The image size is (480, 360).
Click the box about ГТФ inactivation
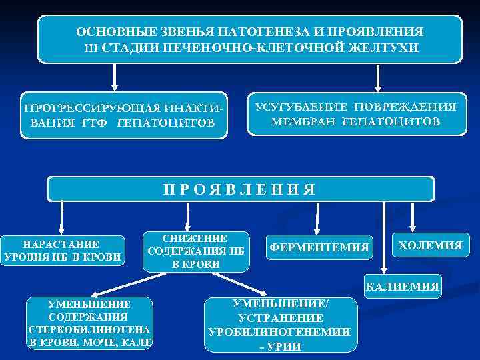[x=123, y=115]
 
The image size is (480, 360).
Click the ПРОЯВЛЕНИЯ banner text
[x=239, y=189]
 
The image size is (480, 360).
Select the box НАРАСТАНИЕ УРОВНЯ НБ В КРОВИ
[x=62, y=250]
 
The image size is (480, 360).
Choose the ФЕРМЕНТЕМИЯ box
[x=319, y=247]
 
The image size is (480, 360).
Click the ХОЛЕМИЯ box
[x=430, y=245]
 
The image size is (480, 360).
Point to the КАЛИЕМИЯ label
[x=402, y=287]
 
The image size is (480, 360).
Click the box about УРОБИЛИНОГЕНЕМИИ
[x=280, y=325]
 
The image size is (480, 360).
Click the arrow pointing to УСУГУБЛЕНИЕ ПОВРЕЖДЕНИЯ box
[x=377, y=77]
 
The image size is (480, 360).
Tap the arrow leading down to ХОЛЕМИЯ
[x=413, y=216]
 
